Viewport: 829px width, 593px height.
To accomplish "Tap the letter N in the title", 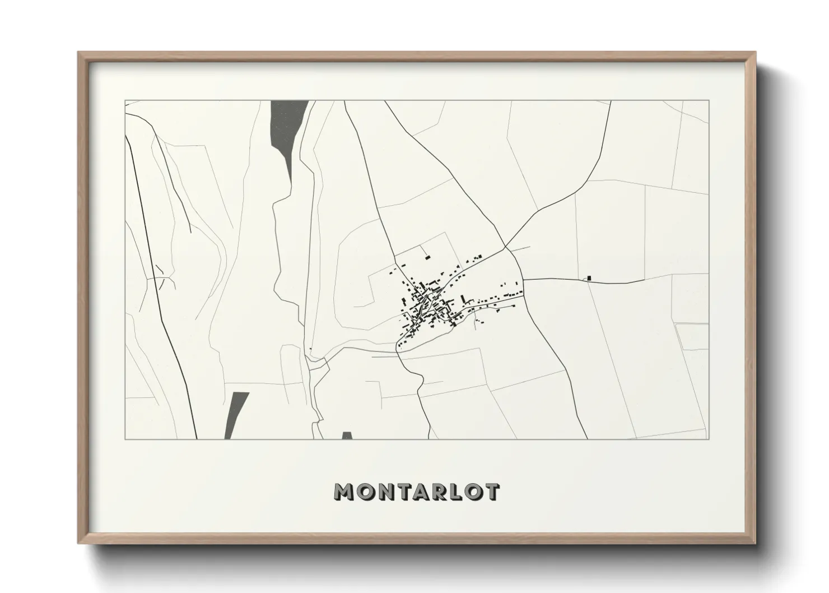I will click(x=383, y=492).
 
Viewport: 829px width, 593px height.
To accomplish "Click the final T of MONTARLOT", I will click(x=491, y=492).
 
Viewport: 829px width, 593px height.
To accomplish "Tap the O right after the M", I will click(x=364, y=492).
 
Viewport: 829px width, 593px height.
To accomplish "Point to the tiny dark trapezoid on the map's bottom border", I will click(x=347, y=436).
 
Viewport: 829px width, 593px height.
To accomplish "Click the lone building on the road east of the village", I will click(x=589, y=277).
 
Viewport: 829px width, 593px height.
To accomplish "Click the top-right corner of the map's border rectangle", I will click(x=709, y=101).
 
